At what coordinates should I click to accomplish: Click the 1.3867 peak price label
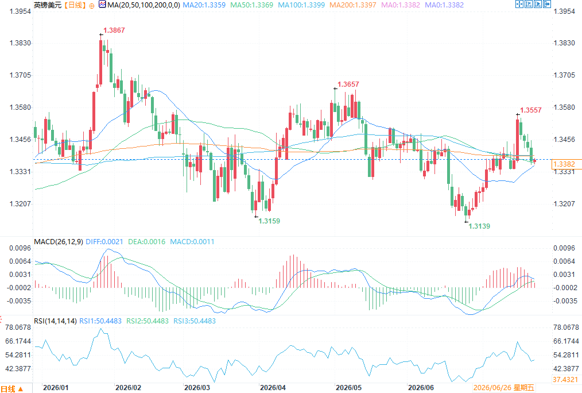114,30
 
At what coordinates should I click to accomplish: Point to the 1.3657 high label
348,84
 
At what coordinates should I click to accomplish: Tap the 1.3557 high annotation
531,110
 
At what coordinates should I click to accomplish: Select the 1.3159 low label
269,221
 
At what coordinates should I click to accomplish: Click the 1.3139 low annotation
479,226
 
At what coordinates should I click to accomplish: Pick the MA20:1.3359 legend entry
204,5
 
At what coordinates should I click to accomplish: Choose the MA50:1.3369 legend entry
251,5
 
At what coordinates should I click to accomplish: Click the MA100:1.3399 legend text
301,5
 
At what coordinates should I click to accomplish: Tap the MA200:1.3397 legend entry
353,5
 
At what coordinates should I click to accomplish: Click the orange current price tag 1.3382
564,164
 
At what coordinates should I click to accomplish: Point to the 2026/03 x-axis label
197,388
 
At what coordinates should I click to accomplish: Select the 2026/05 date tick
348,388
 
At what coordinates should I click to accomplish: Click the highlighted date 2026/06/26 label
504,388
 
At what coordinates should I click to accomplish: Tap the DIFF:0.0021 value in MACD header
104,242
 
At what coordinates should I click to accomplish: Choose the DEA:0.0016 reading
146,242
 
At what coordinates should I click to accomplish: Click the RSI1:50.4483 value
100,321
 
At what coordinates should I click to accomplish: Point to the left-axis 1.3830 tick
20,43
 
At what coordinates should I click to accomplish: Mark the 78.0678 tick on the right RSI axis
566,327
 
